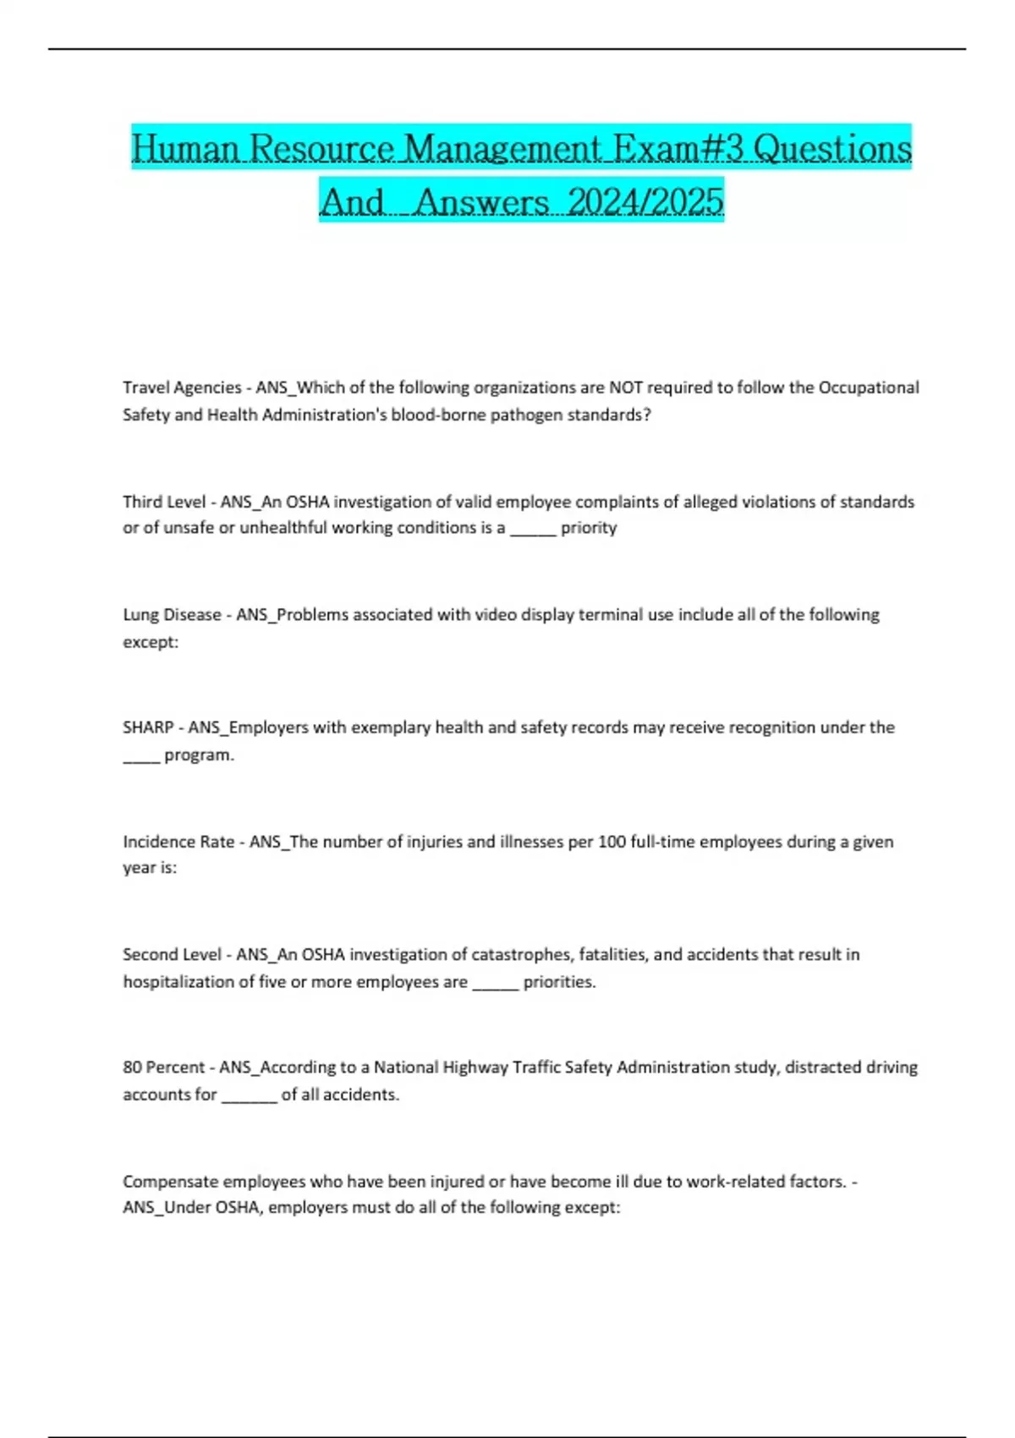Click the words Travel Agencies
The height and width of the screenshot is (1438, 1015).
pyautogui.click(x=182, y=387)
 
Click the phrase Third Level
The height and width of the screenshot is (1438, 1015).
pyautogui.click(x=164, y=502)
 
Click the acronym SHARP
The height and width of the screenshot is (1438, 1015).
pyautogui.click(x=148, y=727)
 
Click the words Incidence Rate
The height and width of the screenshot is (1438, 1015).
pyautogui.click(x=178, y=842)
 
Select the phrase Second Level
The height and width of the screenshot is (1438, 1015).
pyautogui.click(x=172, y=954)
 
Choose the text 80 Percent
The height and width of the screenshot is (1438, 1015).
pyautogui.click(x=163, y=1068)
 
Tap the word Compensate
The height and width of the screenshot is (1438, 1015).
pyautogui.click(x=170, y=1182)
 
